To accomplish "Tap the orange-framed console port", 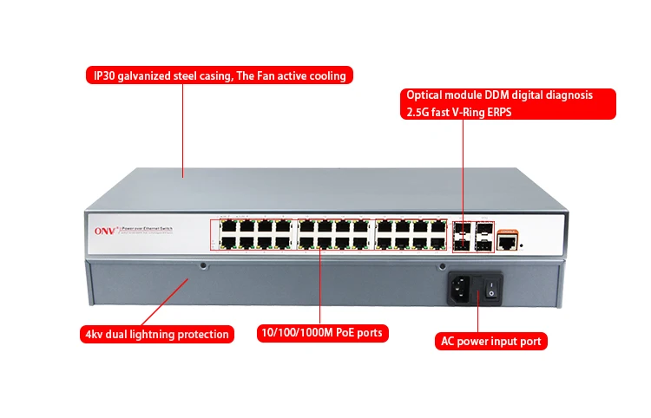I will pyautogui.click(x=508, y=244).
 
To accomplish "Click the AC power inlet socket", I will pyautogui.click(x=462, y=289).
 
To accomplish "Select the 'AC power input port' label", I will pyautogui.click(x=490, y=342).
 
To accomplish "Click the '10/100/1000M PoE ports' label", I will pyautogui.click(x=322, y=333).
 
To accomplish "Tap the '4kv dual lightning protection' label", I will pyautogui.click(x=157, y=334).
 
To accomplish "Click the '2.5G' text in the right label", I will pyautogui.click(x=418, y=112).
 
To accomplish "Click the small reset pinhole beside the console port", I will pyautogui.click(x=521, y=245).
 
